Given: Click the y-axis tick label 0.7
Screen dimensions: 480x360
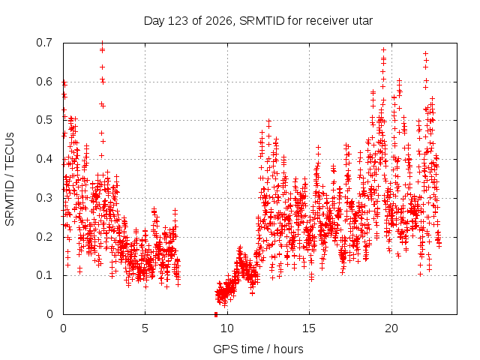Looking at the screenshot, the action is tap(44, 43).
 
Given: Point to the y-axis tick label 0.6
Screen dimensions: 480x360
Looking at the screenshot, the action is tap(44, 82).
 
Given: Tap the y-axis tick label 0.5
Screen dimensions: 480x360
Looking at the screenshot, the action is tap(44, 120).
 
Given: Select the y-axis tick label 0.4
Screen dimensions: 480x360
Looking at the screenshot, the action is tap(44, 159).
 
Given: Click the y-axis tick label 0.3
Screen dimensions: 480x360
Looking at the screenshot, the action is tap(44, 198).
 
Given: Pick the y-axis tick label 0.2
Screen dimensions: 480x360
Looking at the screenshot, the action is tap(44, 237).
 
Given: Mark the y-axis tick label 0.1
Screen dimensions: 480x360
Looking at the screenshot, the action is tap(44, 275).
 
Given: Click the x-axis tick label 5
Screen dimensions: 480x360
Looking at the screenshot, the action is tap(145, 328).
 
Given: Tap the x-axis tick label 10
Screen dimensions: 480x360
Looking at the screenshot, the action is tap(226, 328).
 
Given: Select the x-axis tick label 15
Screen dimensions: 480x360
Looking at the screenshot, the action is tap(309, 328).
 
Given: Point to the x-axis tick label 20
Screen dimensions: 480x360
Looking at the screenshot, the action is tap(391, 328).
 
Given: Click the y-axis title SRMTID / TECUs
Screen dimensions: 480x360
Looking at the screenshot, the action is tap(10, 179).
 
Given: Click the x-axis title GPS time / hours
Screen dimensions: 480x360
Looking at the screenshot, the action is tap(258, 349).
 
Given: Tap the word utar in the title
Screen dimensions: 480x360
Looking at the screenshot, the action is tap(363, 21).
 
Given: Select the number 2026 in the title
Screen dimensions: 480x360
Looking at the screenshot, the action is tap(218, 21).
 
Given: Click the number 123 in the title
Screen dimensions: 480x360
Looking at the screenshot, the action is tap(178, 21).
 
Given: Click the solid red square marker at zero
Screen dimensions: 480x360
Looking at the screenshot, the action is tap(216, 314).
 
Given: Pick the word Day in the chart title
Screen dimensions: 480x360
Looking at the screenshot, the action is tap(154, 22).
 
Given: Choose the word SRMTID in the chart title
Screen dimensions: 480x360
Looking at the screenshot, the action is tap(262, 21).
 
